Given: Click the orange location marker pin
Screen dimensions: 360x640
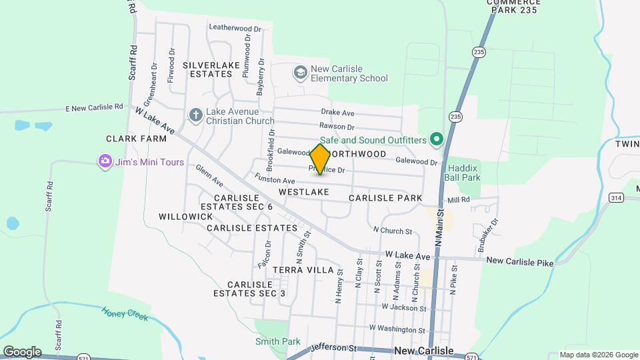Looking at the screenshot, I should pos(320,159).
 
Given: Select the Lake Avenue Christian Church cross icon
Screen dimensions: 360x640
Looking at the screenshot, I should pos(195,115).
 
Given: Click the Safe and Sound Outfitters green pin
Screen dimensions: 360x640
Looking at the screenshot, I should pos(437,139).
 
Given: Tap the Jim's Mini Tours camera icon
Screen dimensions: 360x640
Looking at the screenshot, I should pos(104,161).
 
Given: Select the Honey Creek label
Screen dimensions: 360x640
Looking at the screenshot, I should pos(125,313).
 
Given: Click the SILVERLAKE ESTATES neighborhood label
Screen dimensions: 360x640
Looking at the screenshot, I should pos(207,69).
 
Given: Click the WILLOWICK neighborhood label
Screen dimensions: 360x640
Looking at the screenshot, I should pos(186,217).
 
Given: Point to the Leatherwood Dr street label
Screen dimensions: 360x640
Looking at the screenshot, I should pos(235,28).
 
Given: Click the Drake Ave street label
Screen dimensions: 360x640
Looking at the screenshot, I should pos(337,113).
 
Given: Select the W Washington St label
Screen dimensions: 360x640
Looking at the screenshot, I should pos(397,329).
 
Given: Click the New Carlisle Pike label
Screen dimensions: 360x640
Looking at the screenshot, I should pos(520,262).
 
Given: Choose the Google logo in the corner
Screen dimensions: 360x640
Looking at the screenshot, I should pos(22,351).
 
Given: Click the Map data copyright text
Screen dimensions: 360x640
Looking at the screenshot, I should pos(597,355).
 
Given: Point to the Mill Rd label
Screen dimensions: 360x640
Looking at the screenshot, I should pos(459,200).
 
